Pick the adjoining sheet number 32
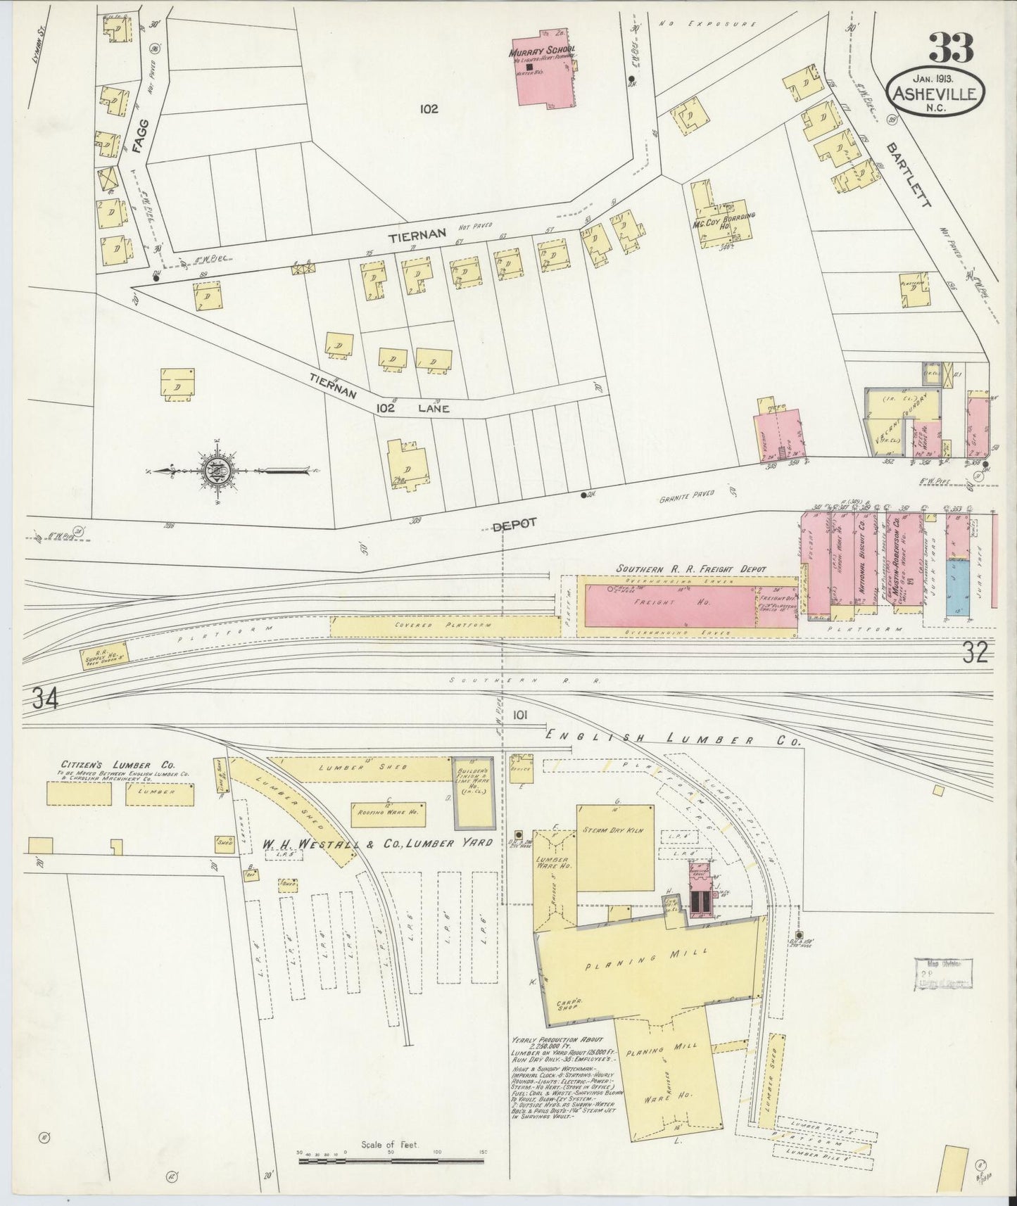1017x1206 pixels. pyautogui.click(x=975, y=654)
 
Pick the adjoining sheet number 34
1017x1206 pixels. pyautogui.click(x=44, y=699)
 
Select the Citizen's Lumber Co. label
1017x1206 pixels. pyautogui.click(x=118, y=764)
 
